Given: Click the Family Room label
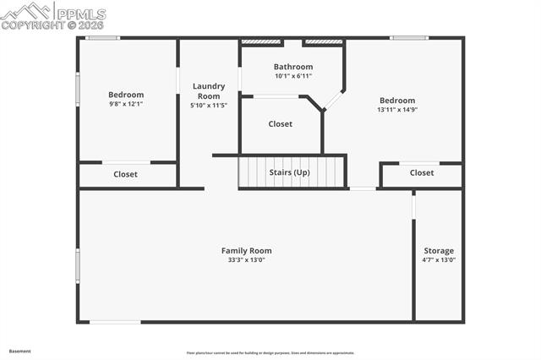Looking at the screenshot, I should click(x=246, y=250).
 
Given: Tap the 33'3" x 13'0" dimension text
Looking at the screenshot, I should click(x=246, y=260).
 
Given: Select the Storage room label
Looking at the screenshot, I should click(x=439, y=250).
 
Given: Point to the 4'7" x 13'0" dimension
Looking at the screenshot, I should click(x=439, y=260).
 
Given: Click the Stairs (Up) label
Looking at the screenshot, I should click(x=288, y=172).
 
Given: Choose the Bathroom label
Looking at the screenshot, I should click(x=293, y=67).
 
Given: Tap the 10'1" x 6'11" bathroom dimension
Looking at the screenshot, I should click(x=293, y=76).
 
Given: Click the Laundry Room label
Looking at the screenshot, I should click(x=208, y=91).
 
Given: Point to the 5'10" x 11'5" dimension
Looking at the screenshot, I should click(x=208, y=106).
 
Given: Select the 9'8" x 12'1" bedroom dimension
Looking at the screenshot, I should click(x=126, y=104).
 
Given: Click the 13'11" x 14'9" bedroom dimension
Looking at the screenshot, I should click(x=397, y=109).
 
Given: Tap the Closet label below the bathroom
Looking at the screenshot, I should click(x=281, y=124).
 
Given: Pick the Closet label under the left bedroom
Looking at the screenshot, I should click(x=126, y=174).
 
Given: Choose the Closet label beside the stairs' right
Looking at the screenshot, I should click(x=422, y=173).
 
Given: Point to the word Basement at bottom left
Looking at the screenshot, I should click(x=20, y=351).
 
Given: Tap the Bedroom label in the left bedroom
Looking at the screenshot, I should click(x=126, y=95).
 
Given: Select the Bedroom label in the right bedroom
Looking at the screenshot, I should click(x=397, y=100).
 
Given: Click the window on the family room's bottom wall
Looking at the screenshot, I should click(x=116, y=321).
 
